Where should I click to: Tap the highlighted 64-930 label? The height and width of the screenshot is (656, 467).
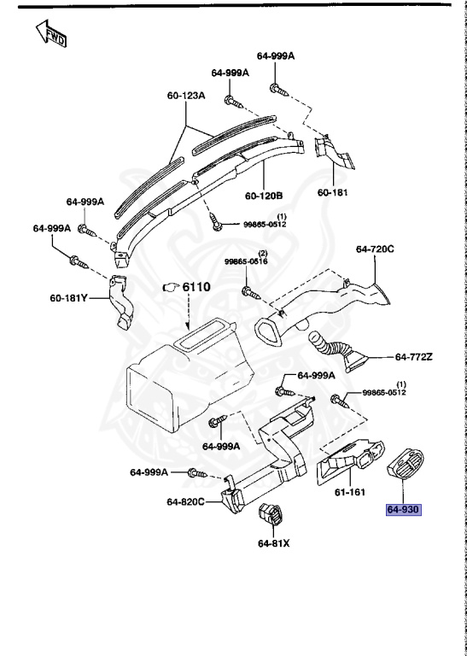click(404, 509)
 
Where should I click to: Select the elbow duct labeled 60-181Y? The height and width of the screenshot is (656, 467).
click(122, 304)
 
